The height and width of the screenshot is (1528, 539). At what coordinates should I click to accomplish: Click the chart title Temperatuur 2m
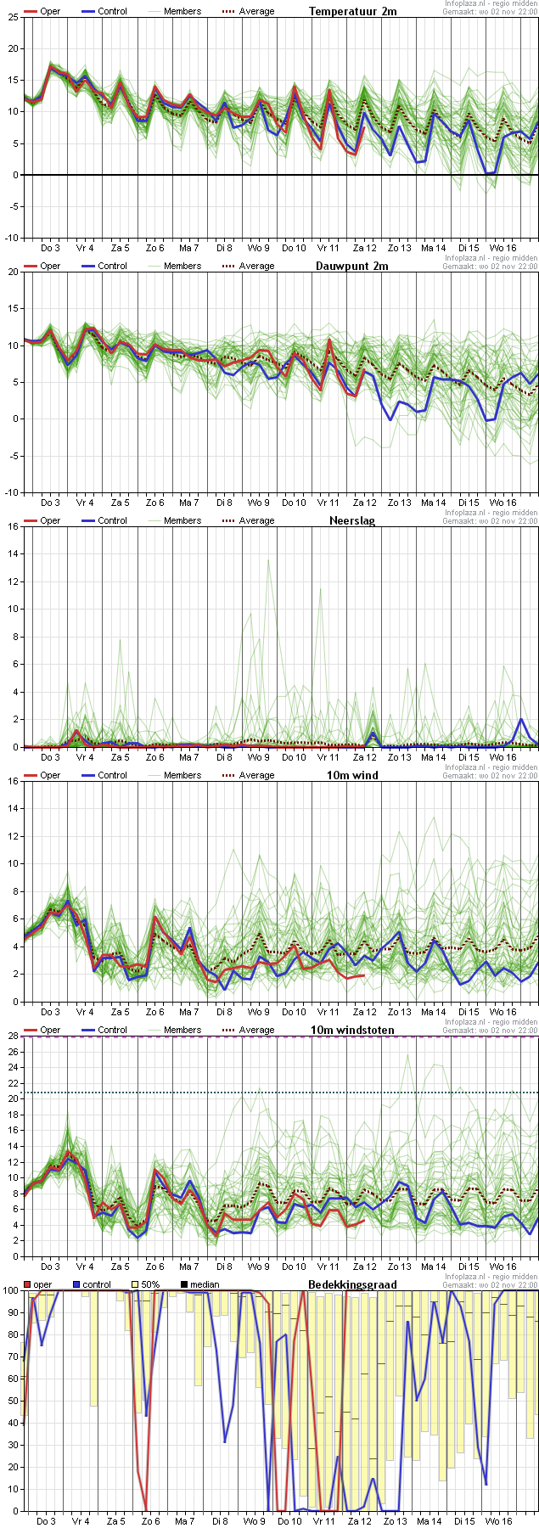[x=352, y=11]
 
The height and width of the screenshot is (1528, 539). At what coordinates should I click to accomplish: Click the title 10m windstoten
[x=352, y=1030]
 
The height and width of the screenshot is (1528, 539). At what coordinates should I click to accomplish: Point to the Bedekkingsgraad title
[x=351, y=1284]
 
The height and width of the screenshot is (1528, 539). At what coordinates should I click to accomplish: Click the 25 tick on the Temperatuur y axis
[x=13, y=18]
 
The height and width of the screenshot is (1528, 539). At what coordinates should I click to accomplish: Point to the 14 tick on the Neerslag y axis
[x=13, y=553]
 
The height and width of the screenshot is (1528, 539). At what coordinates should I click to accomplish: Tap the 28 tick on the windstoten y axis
[x=13, y=1036]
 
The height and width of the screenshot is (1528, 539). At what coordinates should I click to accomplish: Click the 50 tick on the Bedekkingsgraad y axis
[x=10, y=1401]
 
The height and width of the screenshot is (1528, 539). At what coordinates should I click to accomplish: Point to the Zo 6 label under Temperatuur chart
[x=154, y=248]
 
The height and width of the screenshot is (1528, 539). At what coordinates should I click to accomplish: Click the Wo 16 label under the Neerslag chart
[x=502, y=757]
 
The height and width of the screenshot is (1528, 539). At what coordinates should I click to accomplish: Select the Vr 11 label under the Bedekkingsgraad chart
[x=324, y=1521]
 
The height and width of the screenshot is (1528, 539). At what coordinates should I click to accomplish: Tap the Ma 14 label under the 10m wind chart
[x=433, y=1012]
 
